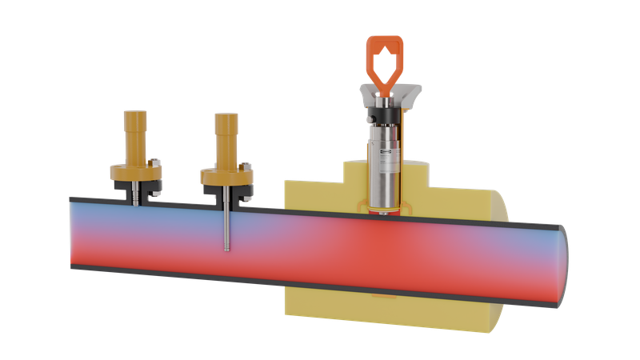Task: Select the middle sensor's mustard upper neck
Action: coord(227,132)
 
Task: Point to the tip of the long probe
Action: coord(227,249)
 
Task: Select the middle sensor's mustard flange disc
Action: coord(227,174)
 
